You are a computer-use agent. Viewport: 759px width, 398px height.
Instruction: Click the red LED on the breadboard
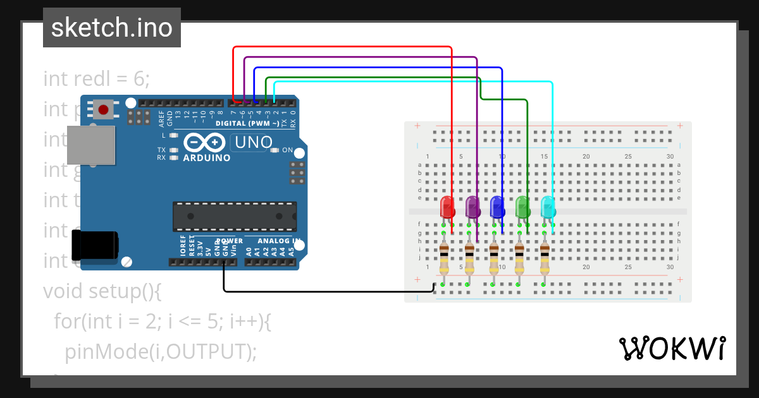click(x=447, y=207)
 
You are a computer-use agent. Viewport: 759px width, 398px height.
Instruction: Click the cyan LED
click(x=548, y=207)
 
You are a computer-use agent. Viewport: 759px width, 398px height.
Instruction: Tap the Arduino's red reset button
click(x=104, y=109)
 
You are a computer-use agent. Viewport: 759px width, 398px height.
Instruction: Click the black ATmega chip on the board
click(x=235, y=216)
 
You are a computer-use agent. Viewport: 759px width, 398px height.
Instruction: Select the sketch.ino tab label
click(x=112, y=28)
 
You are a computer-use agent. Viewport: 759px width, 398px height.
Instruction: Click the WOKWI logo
click(x=672, y=348)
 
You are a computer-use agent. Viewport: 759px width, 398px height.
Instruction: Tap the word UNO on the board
click(x=253, y=143)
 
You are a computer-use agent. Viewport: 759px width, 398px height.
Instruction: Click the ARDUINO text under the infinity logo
click(x=206, y=158)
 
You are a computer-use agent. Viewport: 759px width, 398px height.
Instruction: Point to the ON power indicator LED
click(x=275, y=150)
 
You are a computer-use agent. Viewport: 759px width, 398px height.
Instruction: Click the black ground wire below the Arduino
click(x=316, y=291)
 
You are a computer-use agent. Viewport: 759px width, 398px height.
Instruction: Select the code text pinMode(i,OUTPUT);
click(x=161, y=351)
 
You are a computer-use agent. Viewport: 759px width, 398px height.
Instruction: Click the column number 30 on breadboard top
click(x=670, y=156)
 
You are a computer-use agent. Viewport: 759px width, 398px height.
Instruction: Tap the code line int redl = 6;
click(x=97, y=78)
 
